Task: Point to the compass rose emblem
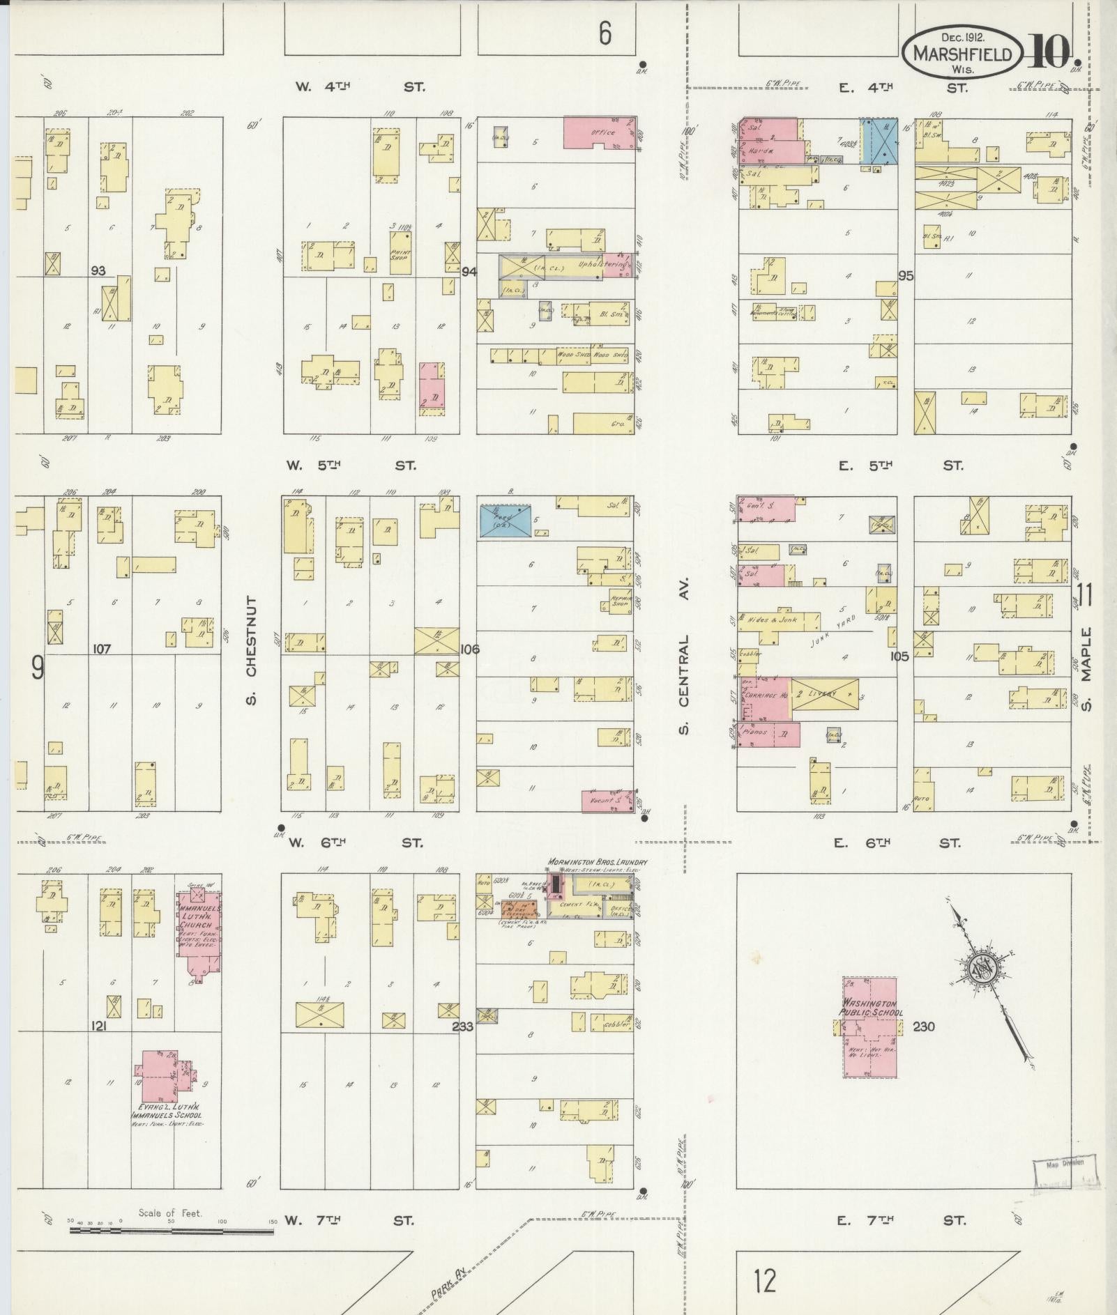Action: click(x=984, y=969)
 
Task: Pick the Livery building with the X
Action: click(x=825, y=695)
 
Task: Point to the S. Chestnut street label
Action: click(x=251, y=650)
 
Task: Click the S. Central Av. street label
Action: click(x=684, y=654)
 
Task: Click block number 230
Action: click(x=923, y=1026)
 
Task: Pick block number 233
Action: click(x=462, y=1026)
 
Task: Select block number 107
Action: click(x=102, y=649)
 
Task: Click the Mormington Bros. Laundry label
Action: click(x=598, y=862)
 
